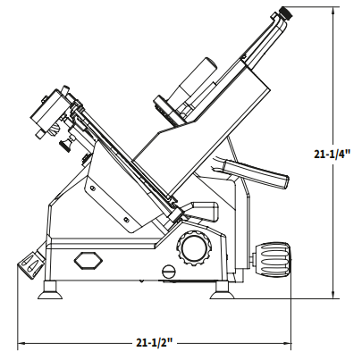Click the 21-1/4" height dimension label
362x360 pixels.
click(333, 154)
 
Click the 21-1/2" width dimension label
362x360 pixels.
click(155, 343)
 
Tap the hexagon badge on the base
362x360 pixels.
click(88, 260)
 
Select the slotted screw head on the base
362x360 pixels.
click(169, 272)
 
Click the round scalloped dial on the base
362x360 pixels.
click(195, 247)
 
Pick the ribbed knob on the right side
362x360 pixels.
click(272, 258)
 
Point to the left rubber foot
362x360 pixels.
click(50, 290)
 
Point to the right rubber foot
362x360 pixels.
click(222, 291)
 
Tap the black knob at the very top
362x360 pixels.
click(286, 13)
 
